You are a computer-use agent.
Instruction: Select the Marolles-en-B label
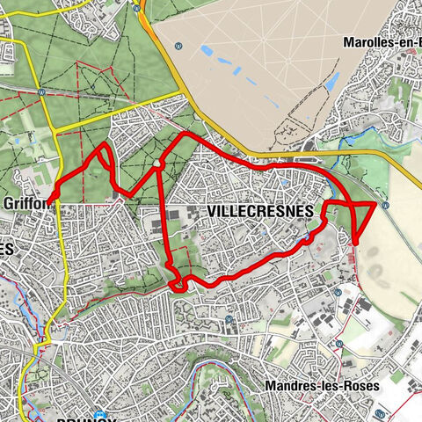pyautogui.click(x=380, y=42)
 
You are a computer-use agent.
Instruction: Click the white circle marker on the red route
pyautogui.click(x=156, y=164)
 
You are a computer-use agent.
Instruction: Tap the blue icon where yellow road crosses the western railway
pyautogui.click(x=42, y=91)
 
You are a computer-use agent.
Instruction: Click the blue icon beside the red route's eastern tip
pyautogui.click(x=385, y=206)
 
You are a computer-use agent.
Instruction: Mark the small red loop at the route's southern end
pyautogui.click(x=178, y=282)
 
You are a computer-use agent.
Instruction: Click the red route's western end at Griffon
pyautogui.click(x=50, y=200)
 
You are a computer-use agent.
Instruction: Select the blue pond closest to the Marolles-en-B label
pyautogui.click(x=333, y=82)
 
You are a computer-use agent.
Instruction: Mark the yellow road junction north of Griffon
pyautogui.click(x=55, y=132)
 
